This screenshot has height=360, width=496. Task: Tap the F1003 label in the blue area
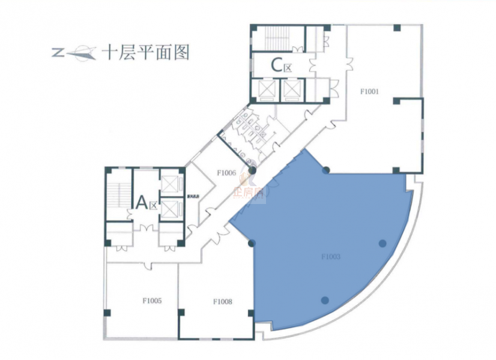pyautogui.click(x=331, y=257)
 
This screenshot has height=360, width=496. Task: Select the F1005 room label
pyautogui.click(x=152, y=302)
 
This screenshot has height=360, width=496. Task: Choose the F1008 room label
pyautogui.click(x=222, y=302)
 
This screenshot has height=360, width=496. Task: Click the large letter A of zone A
pyautogui.click(x=142, y=203)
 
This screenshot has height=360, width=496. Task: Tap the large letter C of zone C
pyautogui.click(x=277, y=64)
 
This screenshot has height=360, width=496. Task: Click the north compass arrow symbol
pyautogui.click(x=74, y=53)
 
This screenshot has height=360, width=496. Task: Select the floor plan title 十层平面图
pyautogui.click(x=145, y=53)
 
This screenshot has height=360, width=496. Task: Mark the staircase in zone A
pyautogui.click(x=119, y=194)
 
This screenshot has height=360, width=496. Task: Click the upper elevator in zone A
pyautogui.click(x=171, y=182)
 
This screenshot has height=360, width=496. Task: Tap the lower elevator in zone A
pyautogui.click(x=171, y=209)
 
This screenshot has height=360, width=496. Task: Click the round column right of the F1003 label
pyautogui.click(x=383, y=243)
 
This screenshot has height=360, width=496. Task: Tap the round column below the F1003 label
pyautogui.click(x=325, y=300)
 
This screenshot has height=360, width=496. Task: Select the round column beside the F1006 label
pyautogui.click(x=253, y=171)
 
